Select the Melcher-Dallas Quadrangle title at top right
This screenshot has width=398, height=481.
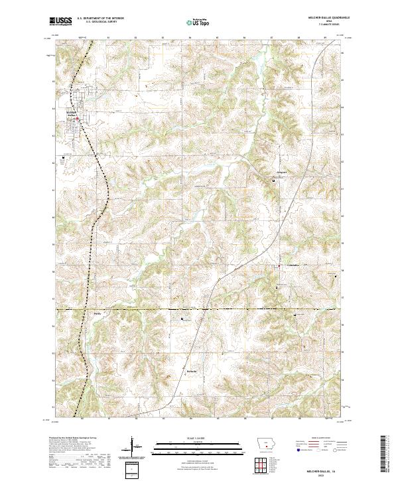322,18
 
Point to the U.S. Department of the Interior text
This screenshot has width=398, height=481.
101,19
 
